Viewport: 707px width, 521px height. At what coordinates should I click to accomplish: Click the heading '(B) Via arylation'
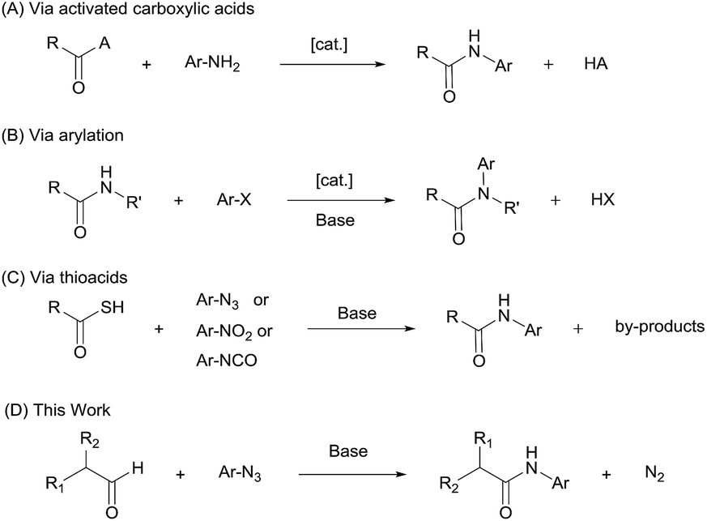pyautogui.click(x=64, y=135)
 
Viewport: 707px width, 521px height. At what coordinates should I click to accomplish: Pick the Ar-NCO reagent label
pyautogui.click(x=226, y=361)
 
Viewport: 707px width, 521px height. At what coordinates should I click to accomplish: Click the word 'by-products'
pyautogui.click(x=660, y=330)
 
